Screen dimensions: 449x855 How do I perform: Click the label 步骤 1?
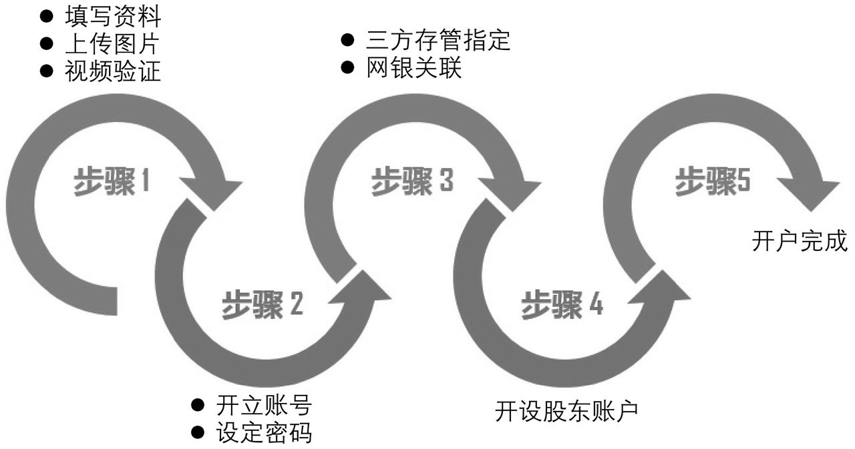tap(113, 182)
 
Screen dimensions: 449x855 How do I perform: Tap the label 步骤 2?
tap(263, 304)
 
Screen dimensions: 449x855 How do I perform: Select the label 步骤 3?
tap(412, 181)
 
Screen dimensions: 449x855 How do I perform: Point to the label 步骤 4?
tap(562, 304)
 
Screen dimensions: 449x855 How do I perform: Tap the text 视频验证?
tap(113, 71)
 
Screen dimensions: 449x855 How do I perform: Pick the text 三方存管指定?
tap(438, 40)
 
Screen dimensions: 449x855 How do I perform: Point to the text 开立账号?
tap(264, 405)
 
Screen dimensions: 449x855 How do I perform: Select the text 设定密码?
tap(264, 433)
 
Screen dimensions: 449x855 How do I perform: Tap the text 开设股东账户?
tap(567, 410)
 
